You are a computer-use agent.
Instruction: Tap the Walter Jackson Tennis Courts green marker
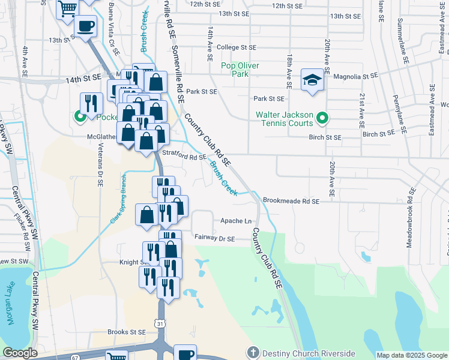pyautogui.click(x=322, y=118)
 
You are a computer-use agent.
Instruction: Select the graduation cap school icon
pyautogui.click(x=312, y=80)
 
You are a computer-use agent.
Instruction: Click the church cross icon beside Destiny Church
pyautogui.click(x=253, y=353)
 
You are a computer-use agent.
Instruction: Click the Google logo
pyautogui.click(x=20, y=353)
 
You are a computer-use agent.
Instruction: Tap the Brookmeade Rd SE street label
pyautogui.click(x=291, y=202)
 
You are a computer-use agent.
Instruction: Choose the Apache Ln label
pyautogui.click(x=236, y=221)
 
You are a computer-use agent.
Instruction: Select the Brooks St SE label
pyautogui.click(x=127, y=331)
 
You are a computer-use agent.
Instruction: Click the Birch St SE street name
pyautogui.click(x=325, y=137)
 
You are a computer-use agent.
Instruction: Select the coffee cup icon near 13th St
pyautogui.click(x=85, y=26)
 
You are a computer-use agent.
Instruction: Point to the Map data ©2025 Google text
pyautogui.click(x=411, y=355)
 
